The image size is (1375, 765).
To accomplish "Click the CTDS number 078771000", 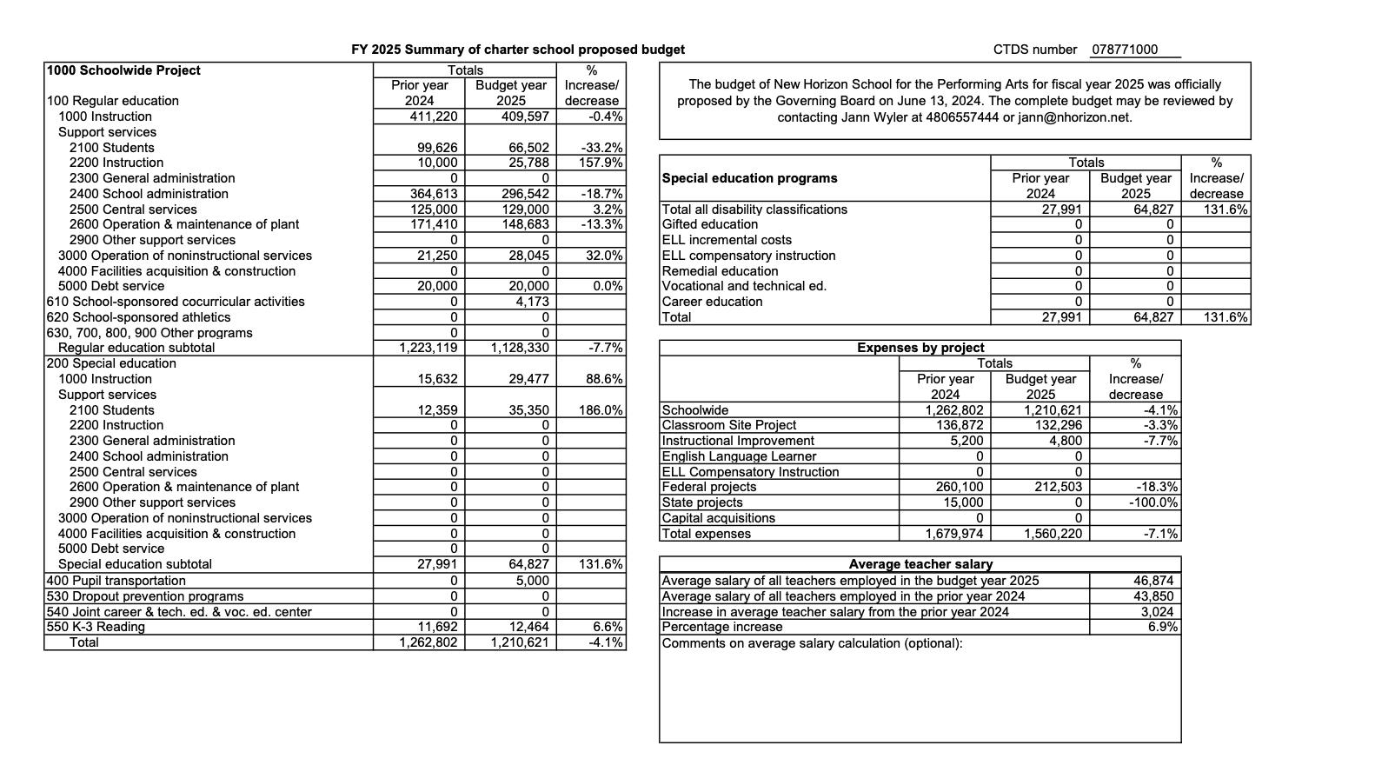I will [x=1125, y=50].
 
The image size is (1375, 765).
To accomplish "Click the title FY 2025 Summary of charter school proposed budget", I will [x=518, y=50].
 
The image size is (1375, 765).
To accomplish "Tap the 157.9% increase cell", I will [x=601, y=163].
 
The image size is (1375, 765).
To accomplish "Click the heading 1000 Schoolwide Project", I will [x=123, y=70].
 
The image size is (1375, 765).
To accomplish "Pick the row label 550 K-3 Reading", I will [x=96, y=627].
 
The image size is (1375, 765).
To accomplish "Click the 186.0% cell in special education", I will [x=601, y=410].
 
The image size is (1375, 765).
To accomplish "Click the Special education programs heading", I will [x=750, y=178].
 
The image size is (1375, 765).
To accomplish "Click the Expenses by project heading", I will [x=920, y=348].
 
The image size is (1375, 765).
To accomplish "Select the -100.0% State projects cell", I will [x=1152, y=502].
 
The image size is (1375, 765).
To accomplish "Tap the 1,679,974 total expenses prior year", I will [x=953, y=534].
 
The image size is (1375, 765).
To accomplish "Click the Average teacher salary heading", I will [x=920, y=564].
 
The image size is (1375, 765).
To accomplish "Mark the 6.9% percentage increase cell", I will [x=1162, y=627].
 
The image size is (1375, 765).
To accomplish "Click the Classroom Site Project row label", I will [x=729, y=425].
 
